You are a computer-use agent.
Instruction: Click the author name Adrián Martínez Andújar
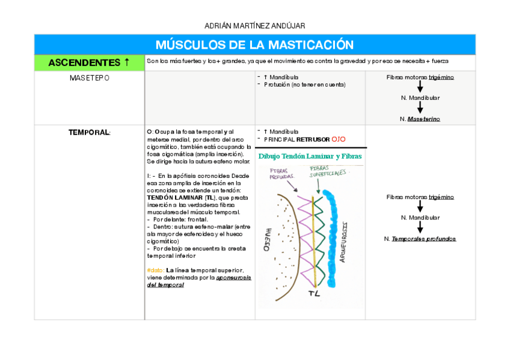(254, 26)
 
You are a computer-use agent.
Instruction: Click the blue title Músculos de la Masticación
(254, 45)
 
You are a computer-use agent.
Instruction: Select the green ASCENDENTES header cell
(89, 63)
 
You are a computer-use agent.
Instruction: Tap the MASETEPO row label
(89, 78)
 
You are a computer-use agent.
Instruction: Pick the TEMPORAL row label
(89, 132)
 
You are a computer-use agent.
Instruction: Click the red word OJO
(339, 139)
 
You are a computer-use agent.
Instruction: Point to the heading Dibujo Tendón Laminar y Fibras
(310, 157)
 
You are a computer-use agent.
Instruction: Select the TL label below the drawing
(314, 294)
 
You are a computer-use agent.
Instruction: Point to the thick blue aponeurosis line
(330, 240)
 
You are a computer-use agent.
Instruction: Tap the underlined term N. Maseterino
(423, 119)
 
